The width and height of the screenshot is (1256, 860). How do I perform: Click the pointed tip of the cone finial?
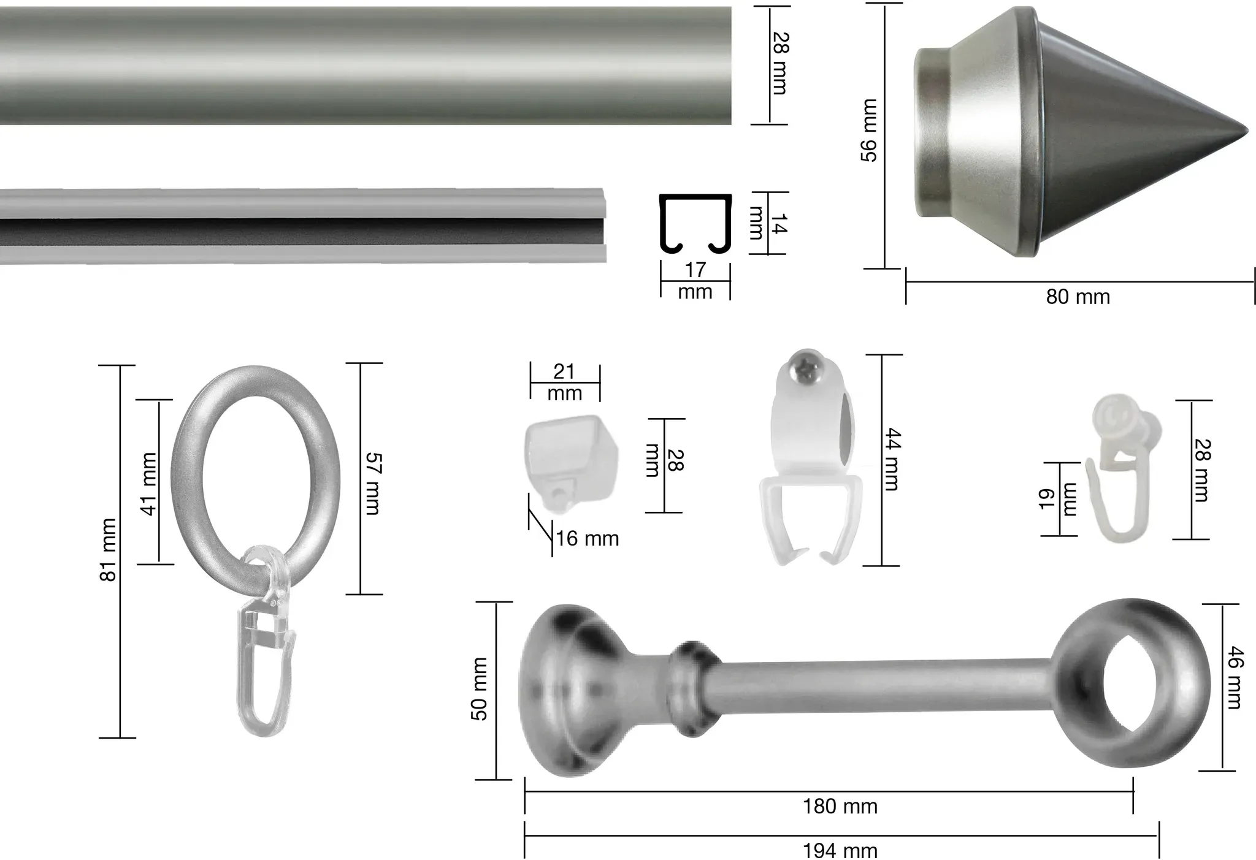coord(1247,132)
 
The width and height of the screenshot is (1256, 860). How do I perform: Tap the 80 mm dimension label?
coord(1078,297)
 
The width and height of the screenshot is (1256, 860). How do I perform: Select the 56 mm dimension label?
coord(869,131)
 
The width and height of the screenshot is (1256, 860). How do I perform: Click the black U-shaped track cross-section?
coord(696,224)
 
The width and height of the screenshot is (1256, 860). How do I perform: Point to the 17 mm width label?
coord(695,281)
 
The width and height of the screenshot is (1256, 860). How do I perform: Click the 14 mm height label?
coord(767,223)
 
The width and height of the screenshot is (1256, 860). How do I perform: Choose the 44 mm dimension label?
coord(892,460)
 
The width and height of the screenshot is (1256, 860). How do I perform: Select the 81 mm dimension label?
coord(108,550)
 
